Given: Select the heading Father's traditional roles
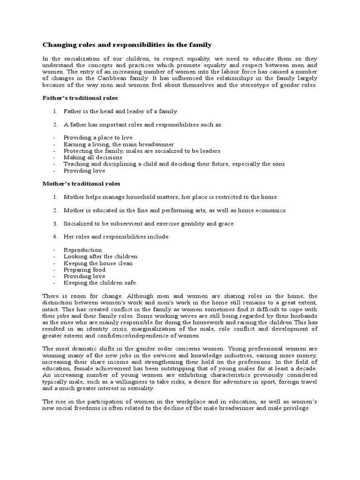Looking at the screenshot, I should click(x=80, y=98).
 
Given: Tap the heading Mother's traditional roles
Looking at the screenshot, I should click(x=81, y=184).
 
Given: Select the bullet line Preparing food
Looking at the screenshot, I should click(x=84, y=270).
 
